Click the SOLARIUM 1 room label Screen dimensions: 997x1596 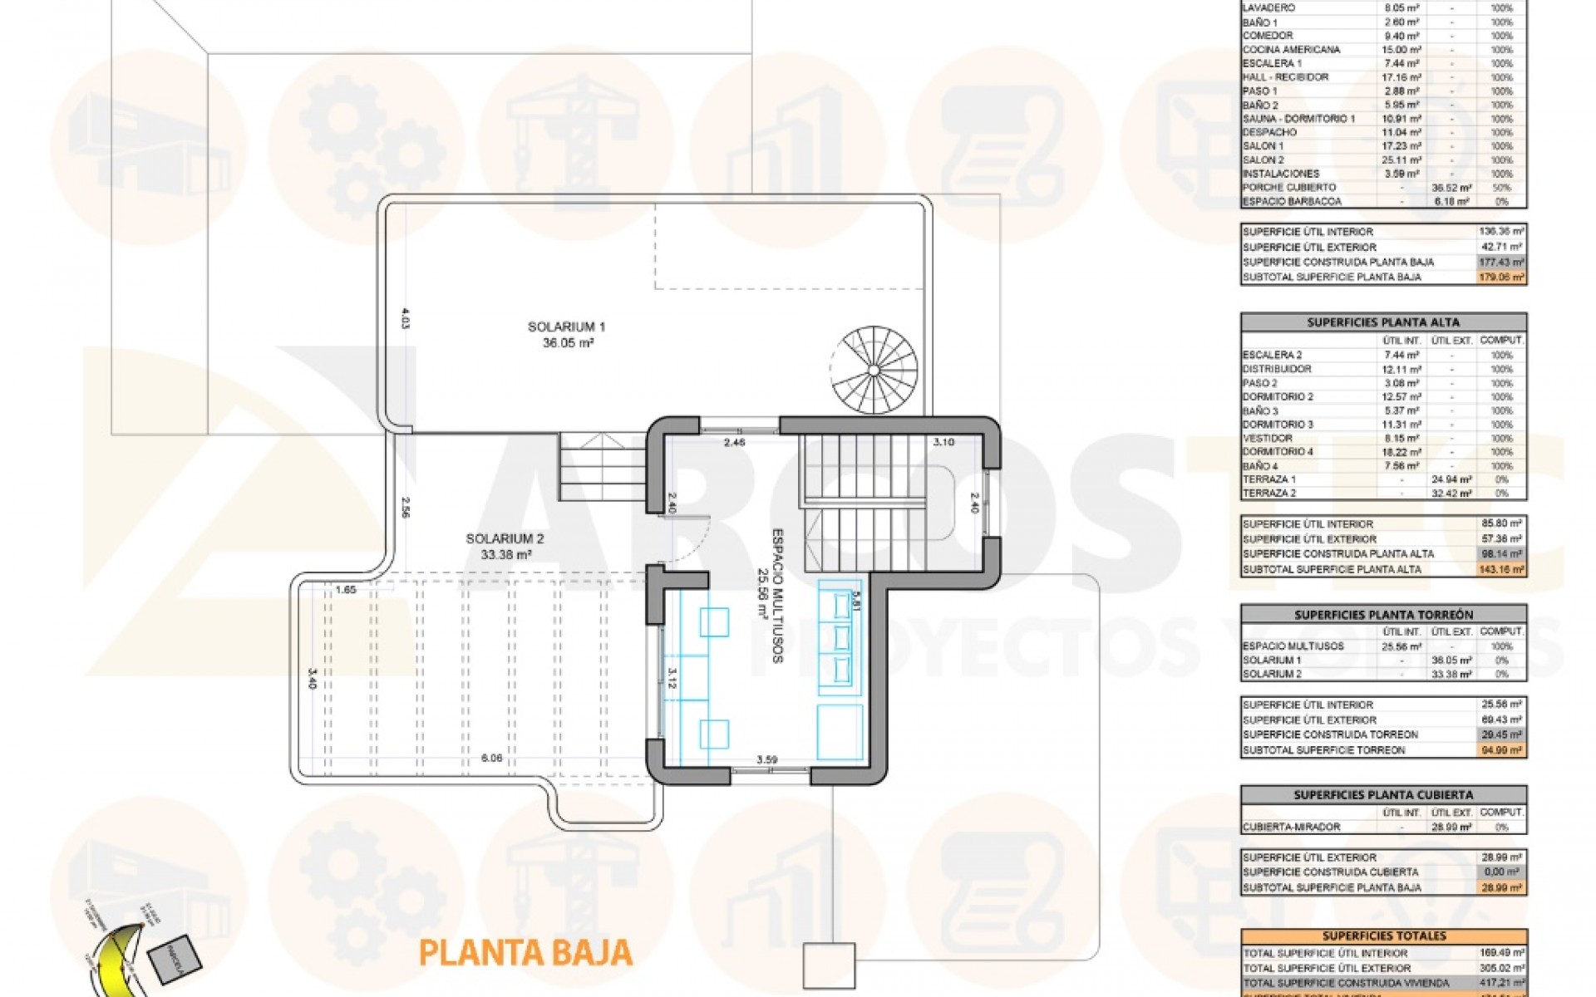(561, 327)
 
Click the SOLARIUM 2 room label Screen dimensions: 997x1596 (505, 539)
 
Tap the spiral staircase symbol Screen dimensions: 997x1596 (874, 370)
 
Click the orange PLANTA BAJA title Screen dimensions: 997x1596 (525, 952)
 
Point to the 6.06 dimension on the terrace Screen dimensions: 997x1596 (491, 758)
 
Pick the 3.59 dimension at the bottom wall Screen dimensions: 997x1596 (766, 759)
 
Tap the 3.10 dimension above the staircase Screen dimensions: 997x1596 (943, 442)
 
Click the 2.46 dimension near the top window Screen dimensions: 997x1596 (734, 443)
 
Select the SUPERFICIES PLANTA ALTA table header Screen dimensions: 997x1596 (1383, 322)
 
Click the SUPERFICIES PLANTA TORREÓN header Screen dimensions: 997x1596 (1383, 615)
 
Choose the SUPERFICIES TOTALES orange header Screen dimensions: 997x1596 (1383, 936)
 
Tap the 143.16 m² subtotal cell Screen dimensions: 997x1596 (1501, 569)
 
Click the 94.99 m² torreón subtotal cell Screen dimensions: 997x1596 (1501, 750)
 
